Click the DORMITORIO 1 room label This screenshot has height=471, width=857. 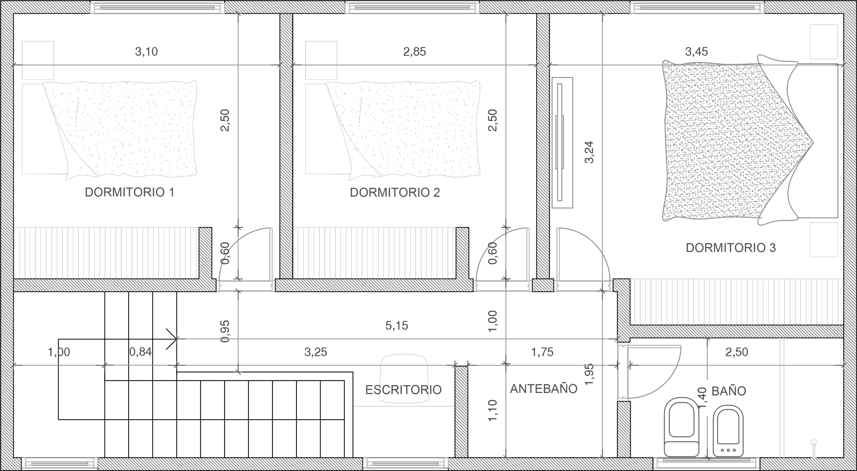129,192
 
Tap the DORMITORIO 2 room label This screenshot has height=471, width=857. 395,192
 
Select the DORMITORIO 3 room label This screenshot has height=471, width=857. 731,248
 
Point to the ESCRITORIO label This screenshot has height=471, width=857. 403,390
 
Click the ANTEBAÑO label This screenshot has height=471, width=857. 544,389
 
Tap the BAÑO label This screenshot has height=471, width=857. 729,390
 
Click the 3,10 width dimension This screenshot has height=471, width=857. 147,52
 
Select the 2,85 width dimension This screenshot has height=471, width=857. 414,52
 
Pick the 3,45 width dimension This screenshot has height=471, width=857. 696,52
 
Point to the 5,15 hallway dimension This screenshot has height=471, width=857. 396,326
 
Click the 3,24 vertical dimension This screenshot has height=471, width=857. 589,152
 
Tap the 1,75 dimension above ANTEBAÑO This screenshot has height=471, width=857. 542,352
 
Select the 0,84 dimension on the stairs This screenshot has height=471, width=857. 141,352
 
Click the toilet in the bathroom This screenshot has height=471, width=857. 681,427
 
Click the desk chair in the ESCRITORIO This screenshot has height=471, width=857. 404,378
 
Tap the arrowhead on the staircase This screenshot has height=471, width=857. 172,339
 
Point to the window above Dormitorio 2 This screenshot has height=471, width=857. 412,7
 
